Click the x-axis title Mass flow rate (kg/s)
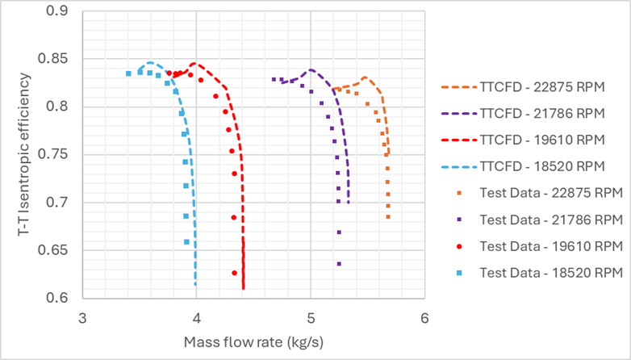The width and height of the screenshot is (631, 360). pyautogui.click(x=254, y=341)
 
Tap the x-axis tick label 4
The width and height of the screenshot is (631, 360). pyautogui.click(x=196, y=317)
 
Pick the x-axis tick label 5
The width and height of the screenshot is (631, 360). pyautogui.click(x=311, y=317)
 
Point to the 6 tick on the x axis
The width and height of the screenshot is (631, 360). pyautogui.click(x=424, y=317)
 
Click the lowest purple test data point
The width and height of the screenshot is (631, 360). pyautogui.click(x=339, y=264)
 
